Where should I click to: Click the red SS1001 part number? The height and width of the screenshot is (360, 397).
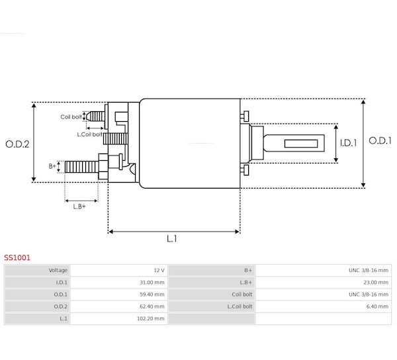[17, 257]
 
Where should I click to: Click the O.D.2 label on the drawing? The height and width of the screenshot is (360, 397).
[17, 144]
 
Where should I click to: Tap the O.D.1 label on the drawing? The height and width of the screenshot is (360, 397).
[380, 140]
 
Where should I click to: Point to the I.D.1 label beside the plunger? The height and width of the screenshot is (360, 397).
[349, 143]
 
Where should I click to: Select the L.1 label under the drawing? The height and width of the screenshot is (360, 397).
[171, 238]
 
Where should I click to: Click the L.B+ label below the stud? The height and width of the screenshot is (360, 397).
[79, 206]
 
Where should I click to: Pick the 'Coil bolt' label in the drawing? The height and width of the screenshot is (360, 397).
[71, 117]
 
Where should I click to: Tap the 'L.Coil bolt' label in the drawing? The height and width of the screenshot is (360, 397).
[89, 134]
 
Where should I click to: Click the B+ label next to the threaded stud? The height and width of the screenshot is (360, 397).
[52, 166]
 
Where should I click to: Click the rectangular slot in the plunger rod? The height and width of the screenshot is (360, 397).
[301, 144]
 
